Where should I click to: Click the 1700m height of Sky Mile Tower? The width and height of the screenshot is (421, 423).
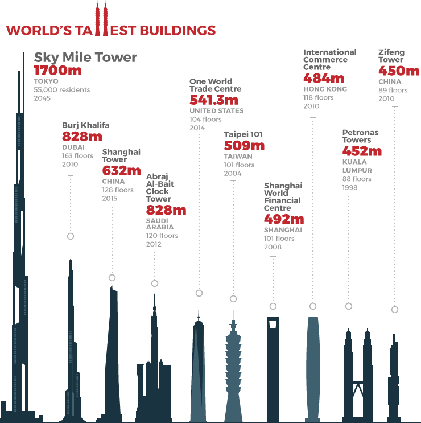(57, 71)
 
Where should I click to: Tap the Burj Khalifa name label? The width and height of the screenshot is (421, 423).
(85, 125)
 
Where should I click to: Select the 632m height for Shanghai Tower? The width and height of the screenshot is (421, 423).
(121, 170)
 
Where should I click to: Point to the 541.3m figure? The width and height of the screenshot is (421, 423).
(216, 100)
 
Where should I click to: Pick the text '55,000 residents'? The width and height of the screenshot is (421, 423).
(61, 90)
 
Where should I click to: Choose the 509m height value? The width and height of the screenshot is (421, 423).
(244, 145)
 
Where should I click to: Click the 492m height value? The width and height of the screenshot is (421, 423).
(284, 219)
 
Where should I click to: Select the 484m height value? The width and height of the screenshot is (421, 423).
(324, 79)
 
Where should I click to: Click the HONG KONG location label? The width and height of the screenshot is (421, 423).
(325, 89)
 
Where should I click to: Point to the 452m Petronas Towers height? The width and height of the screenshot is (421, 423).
(362, 151)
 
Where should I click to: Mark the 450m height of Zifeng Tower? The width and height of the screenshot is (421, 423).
(399, 71)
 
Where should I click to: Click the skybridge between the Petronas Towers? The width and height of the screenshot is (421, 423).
(358, 382)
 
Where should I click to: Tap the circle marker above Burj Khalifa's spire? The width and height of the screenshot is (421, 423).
(71, 236)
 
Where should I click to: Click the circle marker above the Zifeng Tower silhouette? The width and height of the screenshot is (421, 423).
(395, 310)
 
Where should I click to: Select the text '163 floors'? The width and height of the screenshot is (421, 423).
(78, 156)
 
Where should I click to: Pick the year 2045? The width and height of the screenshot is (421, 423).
(42, 98)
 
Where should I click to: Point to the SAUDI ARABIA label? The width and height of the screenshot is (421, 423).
(160, 224)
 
